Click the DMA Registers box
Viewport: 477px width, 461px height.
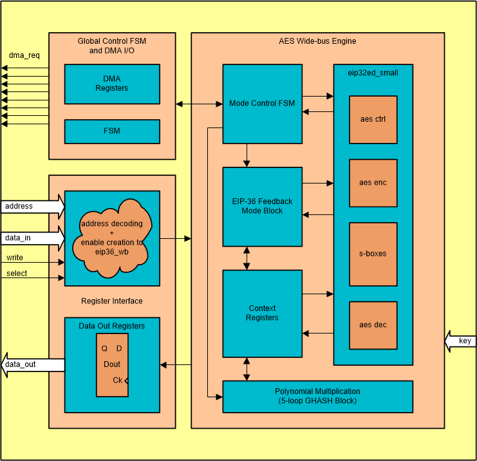(112, 84)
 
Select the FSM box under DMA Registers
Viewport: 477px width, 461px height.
(112, 131)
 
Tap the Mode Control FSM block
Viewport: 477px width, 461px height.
(262, 103)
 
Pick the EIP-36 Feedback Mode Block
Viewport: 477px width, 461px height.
(262, 206)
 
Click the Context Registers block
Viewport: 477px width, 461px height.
(262, 314)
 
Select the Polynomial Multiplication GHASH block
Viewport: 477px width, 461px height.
(317, 396)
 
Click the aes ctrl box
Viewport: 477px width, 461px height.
(373, 119)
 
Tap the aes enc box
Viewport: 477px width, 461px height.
(373, 182)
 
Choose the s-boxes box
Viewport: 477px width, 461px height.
(373, 254)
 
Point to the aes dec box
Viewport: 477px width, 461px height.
(373, 325)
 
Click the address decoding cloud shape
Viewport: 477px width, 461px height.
(112, 237)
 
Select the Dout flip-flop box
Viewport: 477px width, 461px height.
(112, 365)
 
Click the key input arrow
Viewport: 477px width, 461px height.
(460, 341)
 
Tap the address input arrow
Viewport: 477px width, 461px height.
(32, 207)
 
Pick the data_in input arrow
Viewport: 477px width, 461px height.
(32, 238)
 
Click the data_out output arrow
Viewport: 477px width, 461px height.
(32, 365)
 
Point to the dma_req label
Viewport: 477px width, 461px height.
(24, 55)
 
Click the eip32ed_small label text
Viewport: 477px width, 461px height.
(373, 73)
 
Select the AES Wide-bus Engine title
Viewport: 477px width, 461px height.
(317, 41)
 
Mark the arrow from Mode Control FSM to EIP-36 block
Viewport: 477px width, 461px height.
(247, 155)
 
